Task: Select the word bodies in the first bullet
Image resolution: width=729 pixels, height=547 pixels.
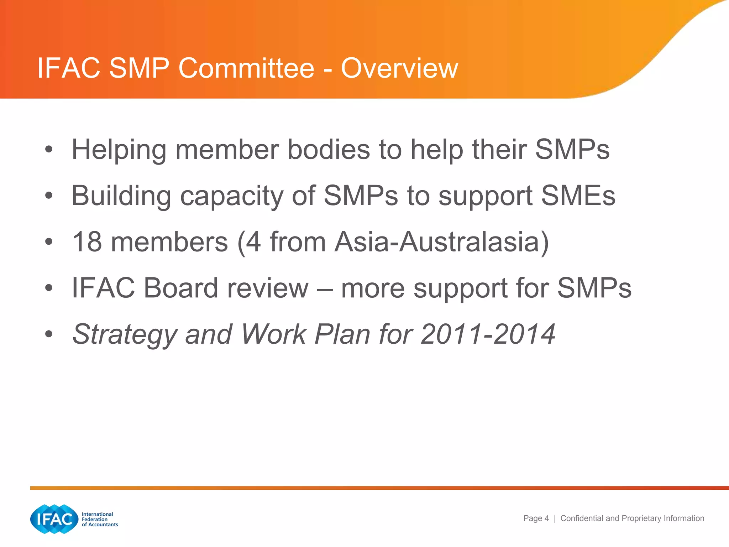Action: pos(329,150)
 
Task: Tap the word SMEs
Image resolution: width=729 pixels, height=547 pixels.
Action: pos(578,196)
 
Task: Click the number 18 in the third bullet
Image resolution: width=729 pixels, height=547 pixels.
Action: pos(87,242)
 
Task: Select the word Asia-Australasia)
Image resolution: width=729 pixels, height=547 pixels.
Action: pos(441,242)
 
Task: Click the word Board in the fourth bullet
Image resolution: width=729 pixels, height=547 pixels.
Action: pos(181,288)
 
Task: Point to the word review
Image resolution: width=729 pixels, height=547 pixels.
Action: pos(268,288)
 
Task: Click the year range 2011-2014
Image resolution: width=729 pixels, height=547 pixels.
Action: pos(488,334)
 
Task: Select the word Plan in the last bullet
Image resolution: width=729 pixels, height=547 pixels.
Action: pos(342,334)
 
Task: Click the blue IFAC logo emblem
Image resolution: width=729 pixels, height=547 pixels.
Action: pos(54,519)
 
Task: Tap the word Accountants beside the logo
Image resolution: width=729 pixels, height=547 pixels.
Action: pos(103,525)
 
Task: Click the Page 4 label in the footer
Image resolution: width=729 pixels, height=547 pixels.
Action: pos(536,519)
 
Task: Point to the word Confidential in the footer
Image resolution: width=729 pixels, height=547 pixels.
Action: pos(582,519)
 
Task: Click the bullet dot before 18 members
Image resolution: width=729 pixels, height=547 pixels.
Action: pos(49,242)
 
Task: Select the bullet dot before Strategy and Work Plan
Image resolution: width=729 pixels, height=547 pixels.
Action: pos(49,334)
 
